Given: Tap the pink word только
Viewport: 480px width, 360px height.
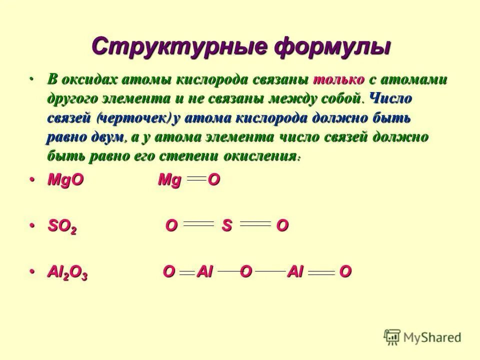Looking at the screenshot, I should [x=338, y=80].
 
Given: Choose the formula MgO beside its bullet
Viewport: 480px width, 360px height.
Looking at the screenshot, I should [x=65, y=181].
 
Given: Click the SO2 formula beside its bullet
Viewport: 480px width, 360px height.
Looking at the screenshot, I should [x=62, y=226].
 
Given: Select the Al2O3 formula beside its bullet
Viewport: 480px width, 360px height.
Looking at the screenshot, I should [x=67, y=272].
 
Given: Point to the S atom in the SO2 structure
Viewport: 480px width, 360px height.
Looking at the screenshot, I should [x=227, y=226].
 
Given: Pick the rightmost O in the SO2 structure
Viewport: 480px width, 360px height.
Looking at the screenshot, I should [x=282, y=226].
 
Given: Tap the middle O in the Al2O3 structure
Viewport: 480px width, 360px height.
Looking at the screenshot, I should [x=245, y=271].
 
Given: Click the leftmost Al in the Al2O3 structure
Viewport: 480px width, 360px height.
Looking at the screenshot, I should [x=205, y=272].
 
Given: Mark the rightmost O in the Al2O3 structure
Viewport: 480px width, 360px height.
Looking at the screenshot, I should [x=345, y=272].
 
